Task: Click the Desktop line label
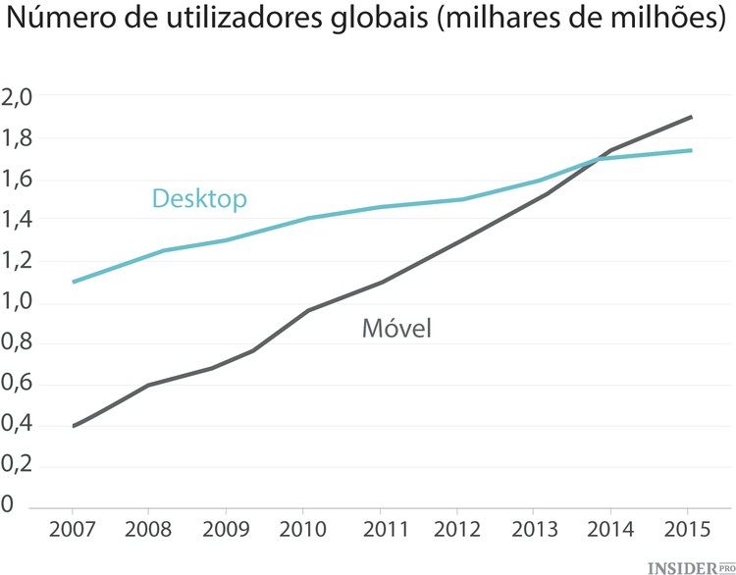click(198, 199)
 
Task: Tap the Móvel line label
click(396, 329)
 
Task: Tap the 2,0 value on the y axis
click(19, 97)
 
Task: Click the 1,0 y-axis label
click(19, 302)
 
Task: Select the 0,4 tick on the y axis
click(19, 425)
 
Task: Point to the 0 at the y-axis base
click(8, 506)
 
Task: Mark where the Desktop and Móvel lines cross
click(598, 159)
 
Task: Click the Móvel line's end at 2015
click(692, 117)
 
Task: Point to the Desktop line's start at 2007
click(74, 282)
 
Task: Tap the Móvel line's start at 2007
click(74, 426)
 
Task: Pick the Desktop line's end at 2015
click(692, 150)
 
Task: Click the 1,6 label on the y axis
click(19, 180)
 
